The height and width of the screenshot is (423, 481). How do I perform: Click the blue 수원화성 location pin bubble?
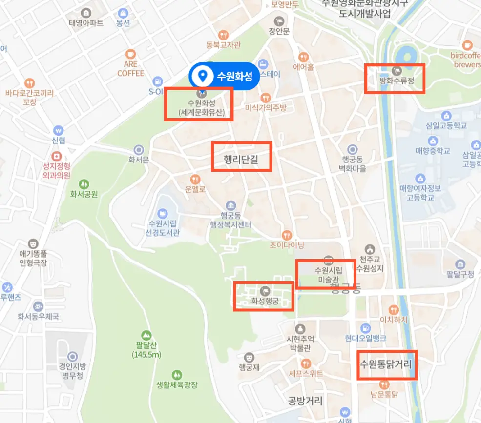click(x=224, y=76)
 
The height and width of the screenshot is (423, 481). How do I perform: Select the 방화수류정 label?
click(x=397, y=81)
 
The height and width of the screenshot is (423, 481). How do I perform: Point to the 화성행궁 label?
click(x=264, y=301)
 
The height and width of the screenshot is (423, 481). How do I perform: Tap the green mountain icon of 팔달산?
click(x=146, y=335)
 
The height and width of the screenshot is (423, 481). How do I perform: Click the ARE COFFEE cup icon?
click(x=130, y=54)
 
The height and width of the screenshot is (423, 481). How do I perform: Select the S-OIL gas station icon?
click(x=157, y=81)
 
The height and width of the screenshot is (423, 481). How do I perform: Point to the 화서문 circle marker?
click(x=139, y=150)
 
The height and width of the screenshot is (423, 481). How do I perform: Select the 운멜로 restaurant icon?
click(x=196, y=179)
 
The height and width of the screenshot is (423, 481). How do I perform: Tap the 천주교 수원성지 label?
click(x=370, y=263)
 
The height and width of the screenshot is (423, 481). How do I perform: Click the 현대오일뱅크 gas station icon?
click(x=365, y=328)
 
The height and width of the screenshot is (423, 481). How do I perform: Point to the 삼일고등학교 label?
click(x=446, y=125)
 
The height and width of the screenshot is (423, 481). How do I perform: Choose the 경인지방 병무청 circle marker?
click(x=73, y=357)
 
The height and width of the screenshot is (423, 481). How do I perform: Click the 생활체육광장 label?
click(x=177, y=385)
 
